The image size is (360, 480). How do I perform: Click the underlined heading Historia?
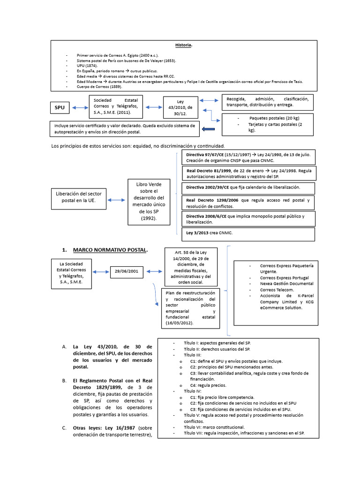[x=184, y=45]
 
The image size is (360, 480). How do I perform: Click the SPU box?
[x=60, y=108]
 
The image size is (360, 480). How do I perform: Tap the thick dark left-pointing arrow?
[x=207, y=129]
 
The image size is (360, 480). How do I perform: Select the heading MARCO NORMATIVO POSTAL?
[x=110, y=250]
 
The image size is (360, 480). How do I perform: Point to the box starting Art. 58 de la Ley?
[x=190, y=267]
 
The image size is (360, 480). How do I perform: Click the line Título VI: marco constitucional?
[x=214, y=427]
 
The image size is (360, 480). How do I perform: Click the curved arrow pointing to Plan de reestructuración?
[x=155, y=295]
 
